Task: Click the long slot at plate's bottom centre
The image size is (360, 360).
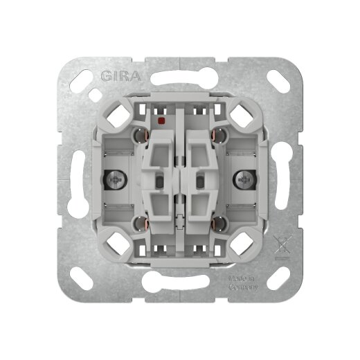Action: coord(180,283)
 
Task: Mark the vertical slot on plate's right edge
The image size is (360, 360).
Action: coord(285,180)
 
